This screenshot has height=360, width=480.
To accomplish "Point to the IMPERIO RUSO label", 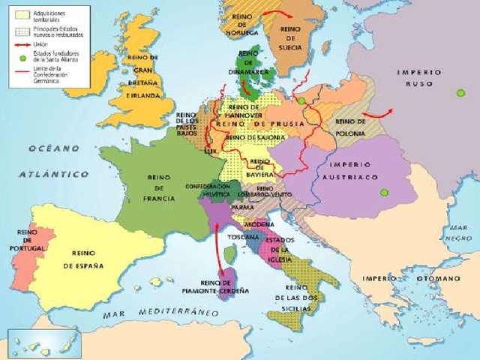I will point(419,79).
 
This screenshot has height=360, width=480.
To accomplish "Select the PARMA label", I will point(241,206).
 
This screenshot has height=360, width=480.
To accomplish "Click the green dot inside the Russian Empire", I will point(460,93).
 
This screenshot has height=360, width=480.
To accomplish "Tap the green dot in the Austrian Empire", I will point(384,193).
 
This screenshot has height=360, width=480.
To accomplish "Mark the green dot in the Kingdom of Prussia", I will point(301,100).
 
